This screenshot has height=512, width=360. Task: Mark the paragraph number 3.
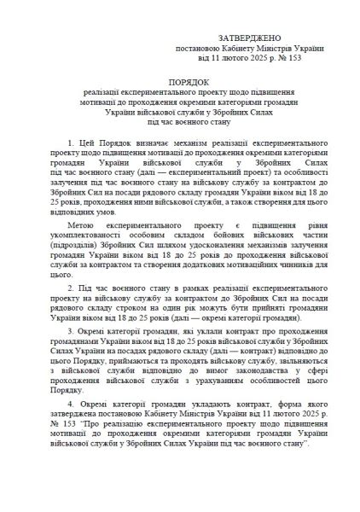click(x=69, y=352)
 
